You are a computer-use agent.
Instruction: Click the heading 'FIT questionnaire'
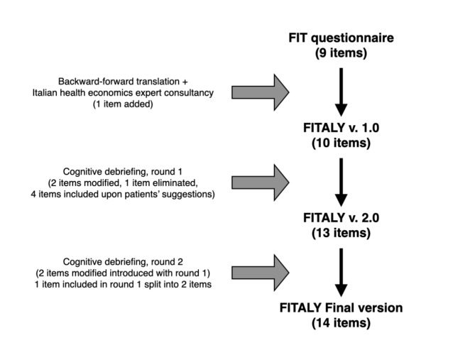tap(341, 38)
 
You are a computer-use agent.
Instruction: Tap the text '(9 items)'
tap(341, 53)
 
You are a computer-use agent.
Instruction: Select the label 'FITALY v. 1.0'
tap(341, 128)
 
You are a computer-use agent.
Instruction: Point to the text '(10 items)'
tap(341, 143)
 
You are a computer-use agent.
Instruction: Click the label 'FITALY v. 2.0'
tap(341, 218)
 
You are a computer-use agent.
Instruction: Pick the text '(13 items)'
tap(341, 233)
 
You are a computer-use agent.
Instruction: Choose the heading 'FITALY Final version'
tap(341, 308)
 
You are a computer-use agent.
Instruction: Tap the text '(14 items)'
tap(341, 323)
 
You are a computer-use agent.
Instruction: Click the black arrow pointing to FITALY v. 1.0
tap(341, 92)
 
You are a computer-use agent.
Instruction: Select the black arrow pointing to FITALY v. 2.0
tap(341, 182)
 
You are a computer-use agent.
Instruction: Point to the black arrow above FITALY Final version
tap(341, 273)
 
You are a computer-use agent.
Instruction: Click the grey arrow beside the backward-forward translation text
tap(260, 92)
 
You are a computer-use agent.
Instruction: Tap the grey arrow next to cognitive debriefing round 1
tap(260, 182)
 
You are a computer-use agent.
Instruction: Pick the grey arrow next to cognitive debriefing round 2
tap(260, 273)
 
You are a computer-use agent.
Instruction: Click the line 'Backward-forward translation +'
tap(123, 82)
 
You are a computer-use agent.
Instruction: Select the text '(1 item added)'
tap(123, 104)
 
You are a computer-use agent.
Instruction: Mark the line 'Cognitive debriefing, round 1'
tap(123, 172)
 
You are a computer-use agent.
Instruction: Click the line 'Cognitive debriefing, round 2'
tap(123, 262)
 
